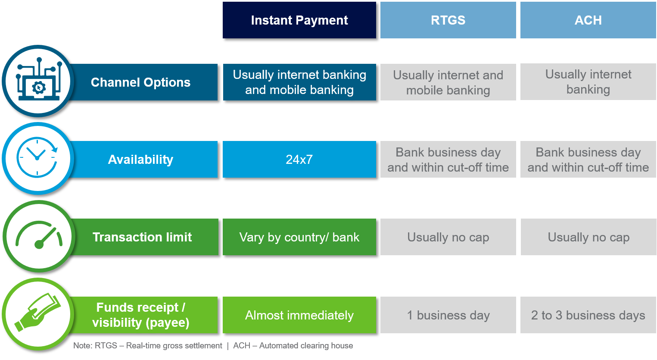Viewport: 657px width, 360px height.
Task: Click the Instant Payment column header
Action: (x=299, y=20)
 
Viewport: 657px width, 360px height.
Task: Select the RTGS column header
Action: (x=448, y=20)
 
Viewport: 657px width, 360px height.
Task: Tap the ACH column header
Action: (x=588, y=20)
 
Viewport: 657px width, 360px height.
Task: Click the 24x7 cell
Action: (x=299, y=160)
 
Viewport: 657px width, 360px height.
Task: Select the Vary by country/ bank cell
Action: (x=299, y=237)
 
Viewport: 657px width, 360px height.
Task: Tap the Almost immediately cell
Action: (x=299, y=315)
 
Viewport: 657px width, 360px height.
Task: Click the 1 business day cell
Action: (x=448, y=315)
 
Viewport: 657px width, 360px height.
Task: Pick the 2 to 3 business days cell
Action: (x=588, y=315)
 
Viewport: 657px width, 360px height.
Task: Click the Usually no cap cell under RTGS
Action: (x=448, y=237)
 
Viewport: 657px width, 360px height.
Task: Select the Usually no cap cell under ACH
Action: (x=588, y=237)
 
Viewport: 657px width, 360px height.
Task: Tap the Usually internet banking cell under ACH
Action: (x=588, y=81)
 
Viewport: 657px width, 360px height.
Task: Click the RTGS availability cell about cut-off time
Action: (x=448, y=160)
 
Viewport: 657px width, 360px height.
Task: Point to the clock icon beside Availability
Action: (x=37, y=157)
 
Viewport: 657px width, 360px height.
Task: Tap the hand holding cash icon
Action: (x=37, y=312)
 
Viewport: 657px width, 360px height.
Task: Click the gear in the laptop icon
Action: (x=39, y=88)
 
